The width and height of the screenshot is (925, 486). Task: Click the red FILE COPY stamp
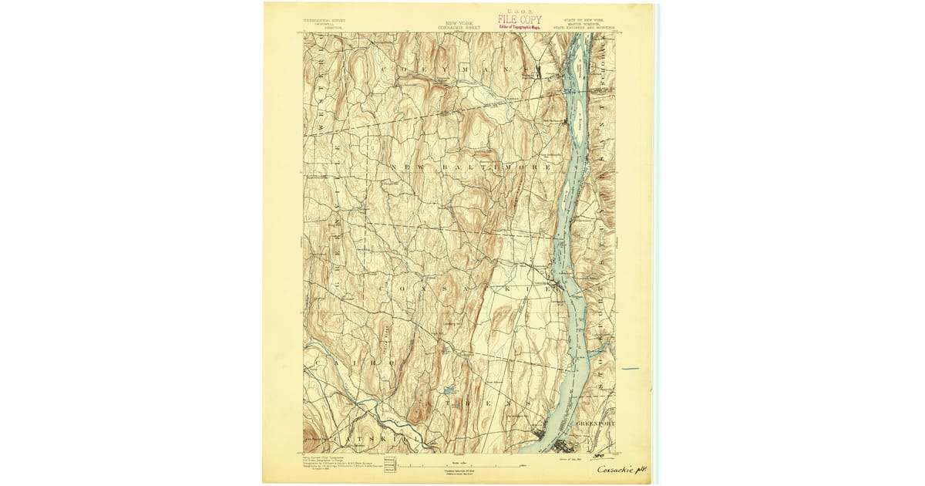coord(520,19)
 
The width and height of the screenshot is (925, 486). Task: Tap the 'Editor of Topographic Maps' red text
coord(520,27)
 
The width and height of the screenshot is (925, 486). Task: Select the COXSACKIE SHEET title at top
coord(459,26)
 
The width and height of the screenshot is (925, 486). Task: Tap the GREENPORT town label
coord(596,424)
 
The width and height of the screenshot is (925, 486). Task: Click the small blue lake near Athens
coord(446,390)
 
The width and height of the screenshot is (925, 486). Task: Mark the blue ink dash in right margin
coord(630,369)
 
